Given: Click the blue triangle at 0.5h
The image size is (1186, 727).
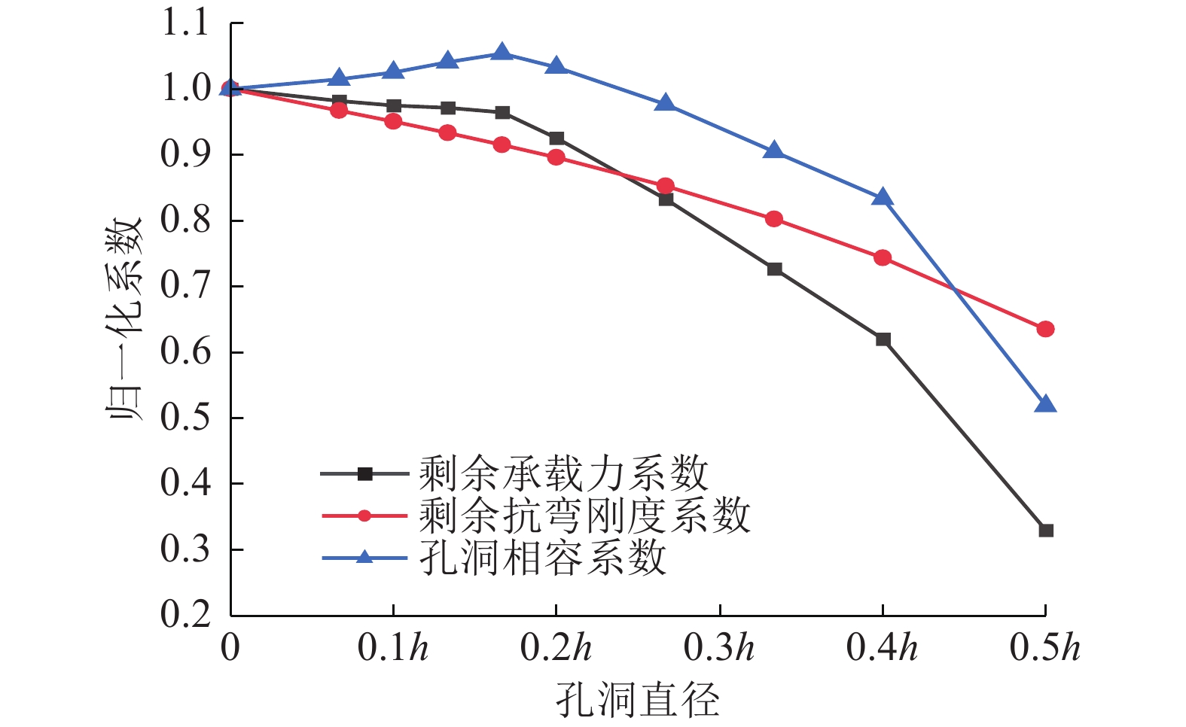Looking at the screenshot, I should click(1045, 405).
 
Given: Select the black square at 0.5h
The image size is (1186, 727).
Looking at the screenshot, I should click(1045, 531).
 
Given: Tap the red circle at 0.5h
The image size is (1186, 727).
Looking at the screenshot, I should click(1045, 329).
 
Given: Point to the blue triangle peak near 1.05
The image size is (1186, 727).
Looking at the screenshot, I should click(502, 52).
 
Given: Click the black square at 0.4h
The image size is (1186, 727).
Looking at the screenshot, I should click(883, 339).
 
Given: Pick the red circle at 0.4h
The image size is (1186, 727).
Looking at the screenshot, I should click(883, 258).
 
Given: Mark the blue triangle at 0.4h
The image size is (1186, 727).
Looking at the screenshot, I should click(883, 198).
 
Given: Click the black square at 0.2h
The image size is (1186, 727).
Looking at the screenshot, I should click(556, 138).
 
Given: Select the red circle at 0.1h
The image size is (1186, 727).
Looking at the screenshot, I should click(393, 121).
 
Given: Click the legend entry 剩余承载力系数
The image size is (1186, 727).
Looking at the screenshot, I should click(563, 474).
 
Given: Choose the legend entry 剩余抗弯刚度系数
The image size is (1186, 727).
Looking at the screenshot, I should click(584, 516).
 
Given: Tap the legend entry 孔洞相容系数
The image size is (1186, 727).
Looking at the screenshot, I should click(542, 558).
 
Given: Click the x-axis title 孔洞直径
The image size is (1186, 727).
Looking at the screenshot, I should click(637, 700).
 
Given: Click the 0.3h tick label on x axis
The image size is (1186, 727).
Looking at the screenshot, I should click(718, 648).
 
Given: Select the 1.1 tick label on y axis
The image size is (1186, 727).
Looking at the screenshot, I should click(185, 23).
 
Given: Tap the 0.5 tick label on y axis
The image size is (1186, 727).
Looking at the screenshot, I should click(185, 418).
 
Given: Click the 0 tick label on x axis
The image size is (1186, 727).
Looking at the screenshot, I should click(230, 648).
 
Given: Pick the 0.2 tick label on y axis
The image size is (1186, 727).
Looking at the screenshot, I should click(185, 615).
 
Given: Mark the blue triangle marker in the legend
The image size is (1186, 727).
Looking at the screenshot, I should click(364, 558).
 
